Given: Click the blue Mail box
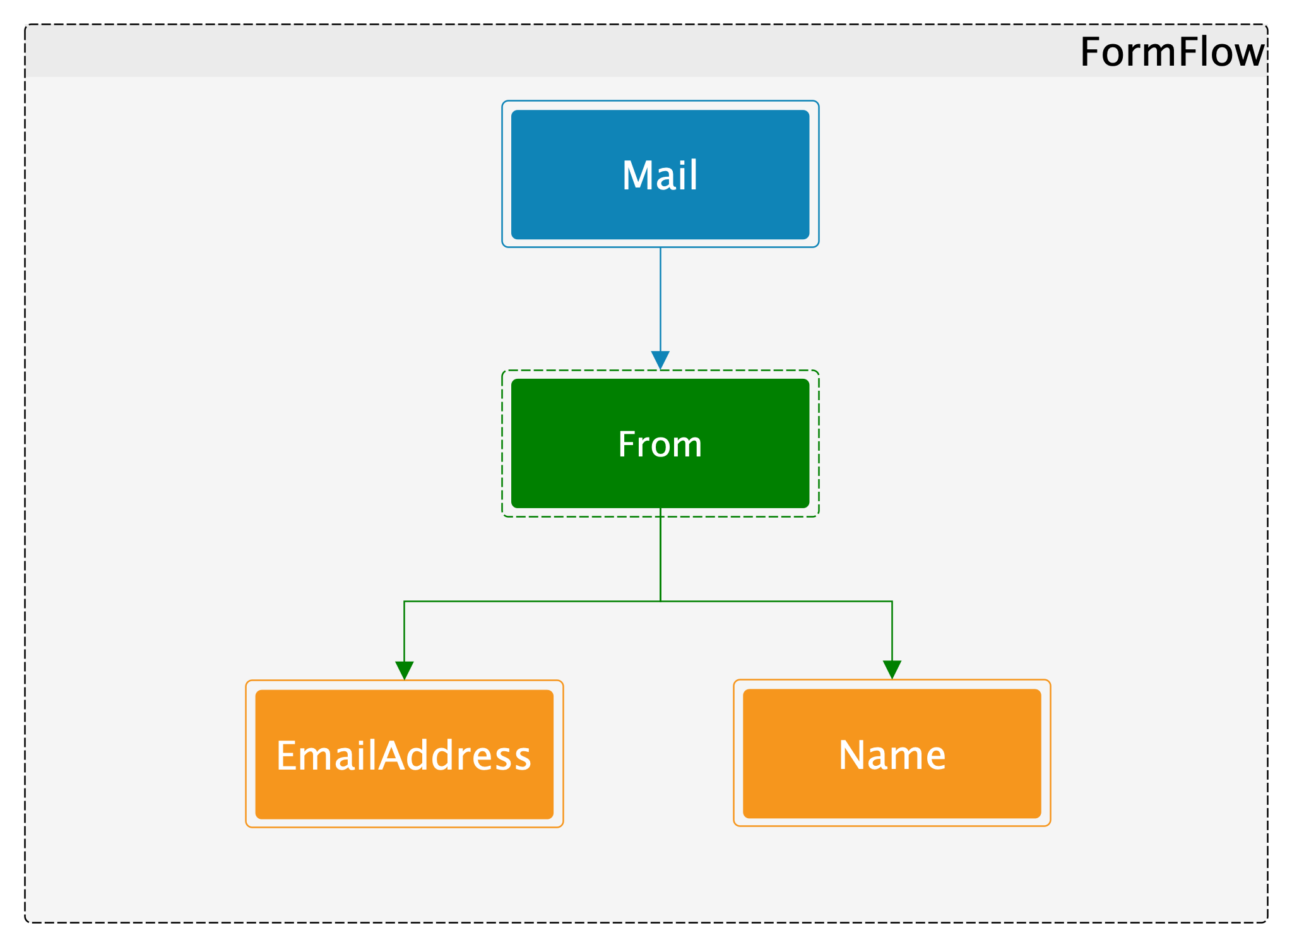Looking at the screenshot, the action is coord(660,174).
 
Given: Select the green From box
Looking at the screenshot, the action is coord(660,443).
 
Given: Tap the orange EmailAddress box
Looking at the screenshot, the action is coord(404,754).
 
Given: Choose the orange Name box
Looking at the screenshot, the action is coord(892,753).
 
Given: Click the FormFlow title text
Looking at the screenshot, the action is coord(1172,52).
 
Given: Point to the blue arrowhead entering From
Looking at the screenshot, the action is coord(660,360).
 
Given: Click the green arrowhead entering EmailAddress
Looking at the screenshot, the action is coord(404,670).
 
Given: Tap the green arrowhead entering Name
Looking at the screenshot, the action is coord(892,670).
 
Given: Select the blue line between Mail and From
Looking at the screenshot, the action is coord(660,299).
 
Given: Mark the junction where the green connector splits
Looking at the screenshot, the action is coord(660,601).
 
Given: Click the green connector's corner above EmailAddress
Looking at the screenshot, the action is coord(404,601).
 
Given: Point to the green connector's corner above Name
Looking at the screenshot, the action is coord(892,601).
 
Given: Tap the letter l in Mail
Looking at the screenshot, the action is coord(694,174).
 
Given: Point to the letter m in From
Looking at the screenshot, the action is coord(688,447).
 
